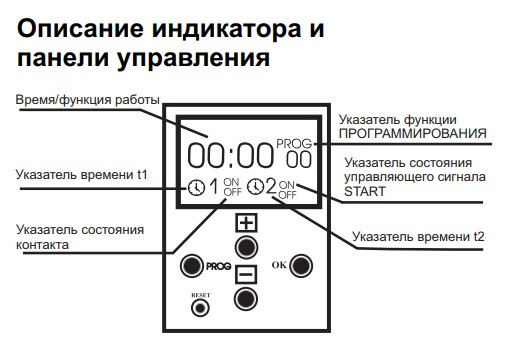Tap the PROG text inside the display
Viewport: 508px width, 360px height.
(295, 144)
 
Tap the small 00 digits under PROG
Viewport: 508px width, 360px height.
(297, 159)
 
